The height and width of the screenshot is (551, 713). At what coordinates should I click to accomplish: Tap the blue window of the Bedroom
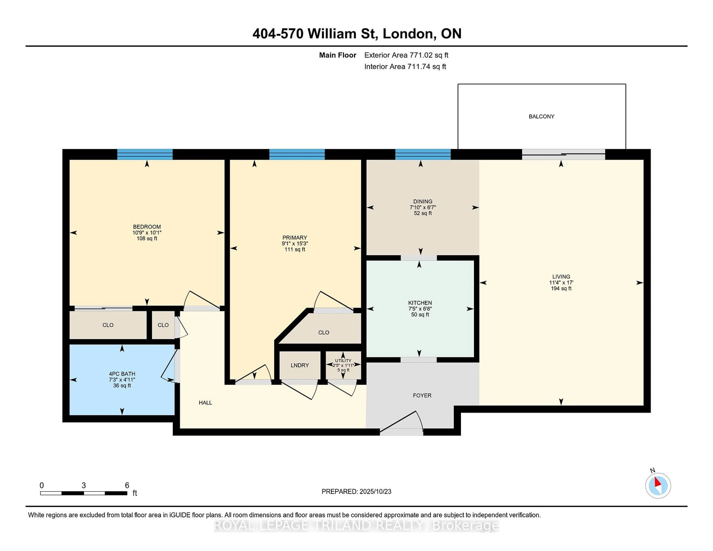145,154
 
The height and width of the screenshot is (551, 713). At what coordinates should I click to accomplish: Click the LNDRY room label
300,365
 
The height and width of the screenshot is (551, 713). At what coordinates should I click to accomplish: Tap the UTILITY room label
343,361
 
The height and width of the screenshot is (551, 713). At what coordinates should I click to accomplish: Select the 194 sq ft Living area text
561,288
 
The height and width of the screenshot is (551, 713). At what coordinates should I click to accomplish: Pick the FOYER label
422,395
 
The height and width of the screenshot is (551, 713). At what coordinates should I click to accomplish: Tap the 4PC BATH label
122,374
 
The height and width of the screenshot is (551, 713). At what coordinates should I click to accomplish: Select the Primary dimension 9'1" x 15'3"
295,244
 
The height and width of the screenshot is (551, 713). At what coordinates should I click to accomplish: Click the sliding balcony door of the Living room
564,154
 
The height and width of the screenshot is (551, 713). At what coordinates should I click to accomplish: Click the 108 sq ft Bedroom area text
147,239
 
